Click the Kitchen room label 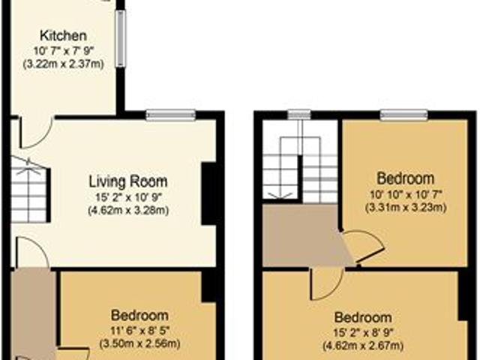click(x=63, y=36)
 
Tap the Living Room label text click(x=128, y=181)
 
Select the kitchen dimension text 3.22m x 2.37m click(x=64, y=64)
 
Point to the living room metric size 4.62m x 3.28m click(x=128, y=210)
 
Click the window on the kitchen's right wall click(x=121, y=38)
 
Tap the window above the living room click(x=170, y=115)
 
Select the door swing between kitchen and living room click(x=37, y=132)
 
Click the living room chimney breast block click(x=209, y=193)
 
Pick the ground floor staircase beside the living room click(x=30, y=190)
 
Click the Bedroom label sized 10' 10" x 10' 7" click(x=405, y=178)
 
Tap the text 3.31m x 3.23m click(x=406, y=208)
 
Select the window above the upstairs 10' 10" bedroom click(x=403, y=115)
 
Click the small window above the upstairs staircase click(x=299, y=115)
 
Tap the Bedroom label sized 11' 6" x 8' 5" click(x=139, y=315)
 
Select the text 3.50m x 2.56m click(x=139, y=343)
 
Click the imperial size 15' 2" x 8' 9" click(x=363, y=331)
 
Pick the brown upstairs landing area click(x=303, y=235)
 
